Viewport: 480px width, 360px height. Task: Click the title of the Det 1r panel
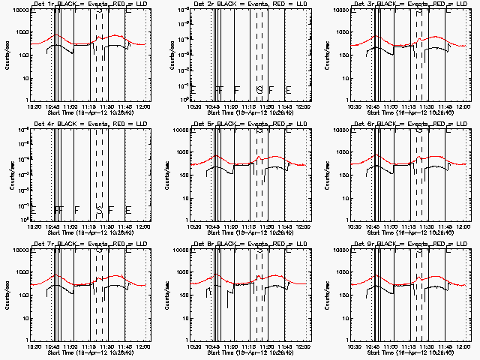[x=82, y=4]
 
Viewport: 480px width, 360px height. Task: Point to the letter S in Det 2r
[x=259, y=89]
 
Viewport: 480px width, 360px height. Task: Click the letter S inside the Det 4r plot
[x=98, y=209]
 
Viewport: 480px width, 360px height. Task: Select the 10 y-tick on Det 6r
[x=342, y=197]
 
